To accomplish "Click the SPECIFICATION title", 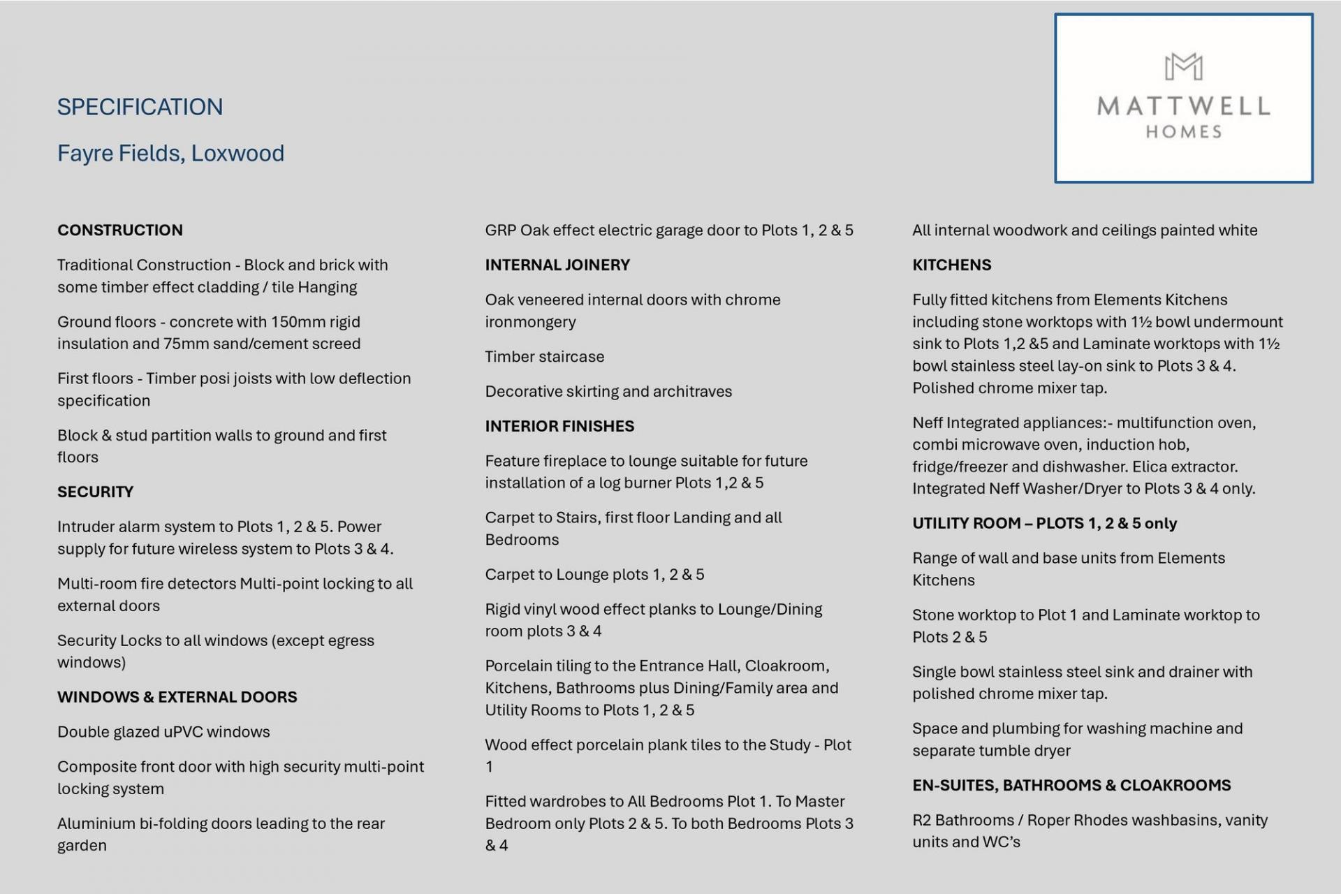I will [140, 107].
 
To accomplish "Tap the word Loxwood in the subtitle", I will [237, 153].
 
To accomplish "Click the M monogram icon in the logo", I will [1183, 67].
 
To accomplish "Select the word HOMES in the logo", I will [1183, 132].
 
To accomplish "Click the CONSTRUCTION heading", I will [120, 230].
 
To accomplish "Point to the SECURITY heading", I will [95, 492].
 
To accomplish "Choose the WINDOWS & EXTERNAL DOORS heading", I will [177, 697].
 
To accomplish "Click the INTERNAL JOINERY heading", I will [557, 265].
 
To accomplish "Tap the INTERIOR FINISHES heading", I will [559, 426].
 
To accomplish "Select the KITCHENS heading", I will [951, 265].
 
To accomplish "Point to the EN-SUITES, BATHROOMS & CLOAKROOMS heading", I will [1071, 785].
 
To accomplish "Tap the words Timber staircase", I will [544, 356].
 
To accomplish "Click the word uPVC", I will [182, 732].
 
